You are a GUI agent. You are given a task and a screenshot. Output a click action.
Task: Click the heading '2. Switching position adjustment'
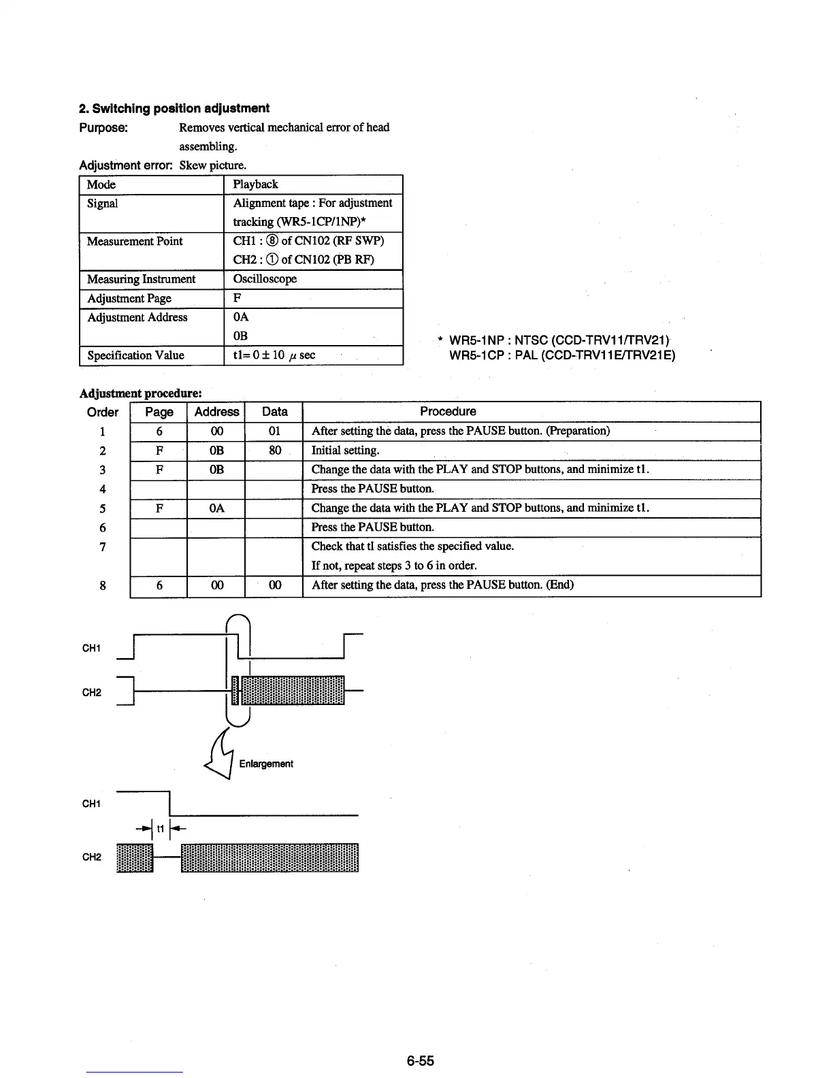(174, 108)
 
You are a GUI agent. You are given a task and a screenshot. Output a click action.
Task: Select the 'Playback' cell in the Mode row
(255, 184)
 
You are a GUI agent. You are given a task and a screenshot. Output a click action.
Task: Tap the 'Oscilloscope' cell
(265, 279)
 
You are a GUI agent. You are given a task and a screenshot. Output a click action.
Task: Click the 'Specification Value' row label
(135, 355)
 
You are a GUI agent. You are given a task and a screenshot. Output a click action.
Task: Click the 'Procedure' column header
(448, 411)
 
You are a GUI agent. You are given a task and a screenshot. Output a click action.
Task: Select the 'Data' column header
(274, 412)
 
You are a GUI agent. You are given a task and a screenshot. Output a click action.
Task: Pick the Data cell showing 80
(274, 451)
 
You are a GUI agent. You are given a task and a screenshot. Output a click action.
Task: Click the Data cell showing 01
(274, 431)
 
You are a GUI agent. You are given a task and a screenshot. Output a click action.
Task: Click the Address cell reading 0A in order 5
(216, 508)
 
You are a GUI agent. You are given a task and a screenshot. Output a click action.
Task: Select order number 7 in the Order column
(103, 546)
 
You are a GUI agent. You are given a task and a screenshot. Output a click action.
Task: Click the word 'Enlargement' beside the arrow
(266, 764)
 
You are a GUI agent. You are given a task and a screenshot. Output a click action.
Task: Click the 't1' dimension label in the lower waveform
(161, 829)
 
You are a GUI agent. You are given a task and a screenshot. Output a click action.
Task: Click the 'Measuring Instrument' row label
(141, 279)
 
